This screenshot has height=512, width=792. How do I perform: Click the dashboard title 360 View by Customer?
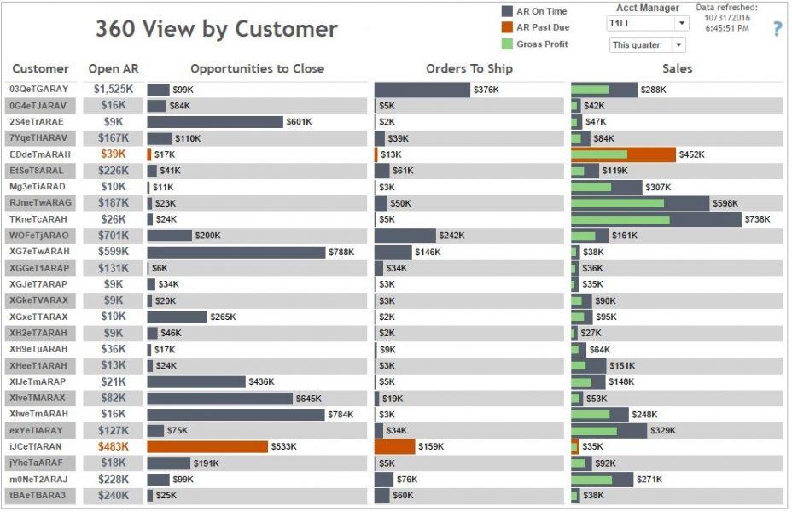pos(216,29)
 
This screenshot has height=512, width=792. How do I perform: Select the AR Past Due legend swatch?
pos(507,27)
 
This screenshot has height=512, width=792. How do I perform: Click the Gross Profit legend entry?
pos(542,44)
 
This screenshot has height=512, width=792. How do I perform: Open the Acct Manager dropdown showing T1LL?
pos(647,24)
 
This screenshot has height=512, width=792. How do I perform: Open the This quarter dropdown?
pos(647,44)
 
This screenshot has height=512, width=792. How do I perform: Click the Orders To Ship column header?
pos(469,68)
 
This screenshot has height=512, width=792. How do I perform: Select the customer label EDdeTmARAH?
pos(39,154)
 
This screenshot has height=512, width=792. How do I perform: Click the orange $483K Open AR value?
pos(113,446)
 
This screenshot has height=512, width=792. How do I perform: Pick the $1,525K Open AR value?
pos(113,90)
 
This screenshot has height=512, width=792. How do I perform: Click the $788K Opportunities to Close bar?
pos(236,252)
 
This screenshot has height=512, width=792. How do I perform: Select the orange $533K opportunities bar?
pos(207,446)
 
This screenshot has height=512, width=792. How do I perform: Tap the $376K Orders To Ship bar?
pos(422,90)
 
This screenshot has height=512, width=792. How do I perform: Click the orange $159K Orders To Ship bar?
pos(394,446)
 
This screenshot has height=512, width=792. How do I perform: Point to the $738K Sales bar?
pos(655,219)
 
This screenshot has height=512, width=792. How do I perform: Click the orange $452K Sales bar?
pos(623,154)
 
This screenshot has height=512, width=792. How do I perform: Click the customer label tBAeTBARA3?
pos(38,495)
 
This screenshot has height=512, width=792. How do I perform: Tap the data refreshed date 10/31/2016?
pos(727,18)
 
